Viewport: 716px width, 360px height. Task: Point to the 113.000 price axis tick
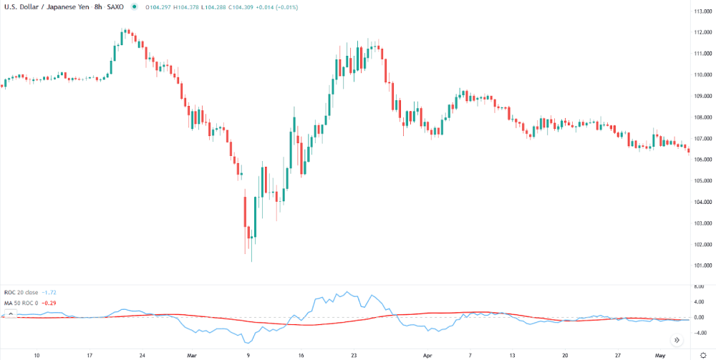point(700,11)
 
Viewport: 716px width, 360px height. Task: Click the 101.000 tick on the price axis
point(700,266)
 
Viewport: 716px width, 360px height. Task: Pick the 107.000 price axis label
point(700,138)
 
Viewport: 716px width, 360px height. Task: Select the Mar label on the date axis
point(191,354)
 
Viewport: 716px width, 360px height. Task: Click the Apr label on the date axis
point(428,354)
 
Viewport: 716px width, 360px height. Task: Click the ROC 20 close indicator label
point(20,293)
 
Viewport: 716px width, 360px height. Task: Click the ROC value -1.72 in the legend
point(49,293)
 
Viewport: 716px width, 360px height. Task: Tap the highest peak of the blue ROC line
point(347,292)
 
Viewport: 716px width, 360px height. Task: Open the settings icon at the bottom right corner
point(703,354)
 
